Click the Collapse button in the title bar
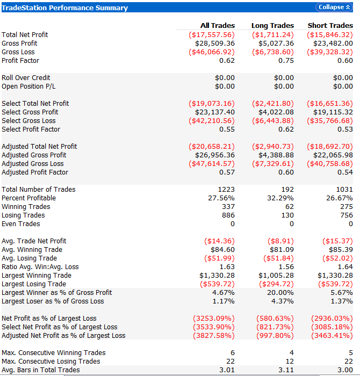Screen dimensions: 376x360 click(334, 7)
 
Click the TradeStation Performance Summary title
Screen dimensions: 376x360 click(65, 8)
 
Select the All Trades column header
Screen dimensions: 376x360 click(217, 25)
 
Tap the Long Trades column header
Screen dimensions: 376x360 click(272, 25)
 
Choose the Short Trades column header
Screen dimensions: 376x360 click(330, 25)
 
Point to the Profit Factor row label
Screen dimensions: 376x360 click(20, 61)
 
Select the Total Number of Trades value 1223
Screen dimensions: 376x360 click(226, 190)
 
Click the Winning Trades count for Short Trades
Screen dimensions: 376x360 click(347, 207)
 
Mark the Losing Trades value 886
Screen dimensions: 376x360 click(228, 215)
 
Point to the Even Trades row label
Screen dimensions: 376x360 click(21, 224)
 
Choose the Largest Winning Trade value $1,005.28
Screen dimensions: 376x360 click(275, 276)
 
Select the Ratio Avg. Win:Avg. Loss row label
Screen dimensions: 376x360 click(40, 267)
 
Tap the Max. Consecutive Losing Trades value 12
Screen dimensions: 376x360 click(290, 361)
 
